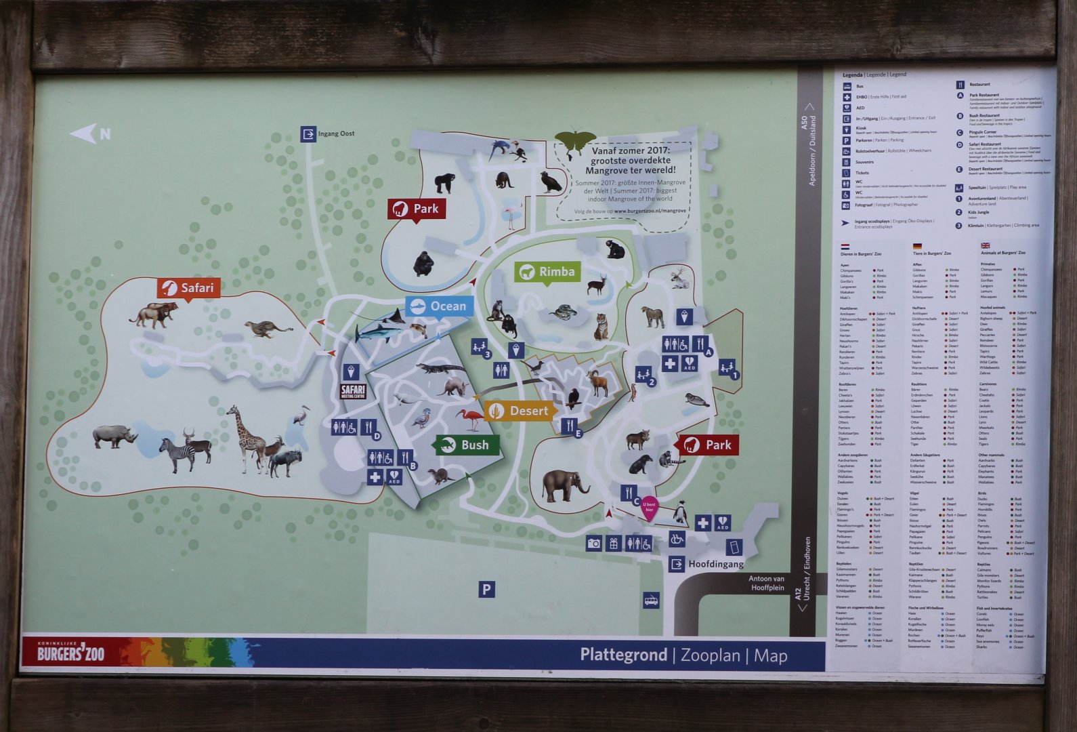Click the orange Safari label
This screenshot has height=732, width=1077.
(189, 288)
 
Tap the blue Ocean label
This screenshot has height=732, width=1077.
(440, 306)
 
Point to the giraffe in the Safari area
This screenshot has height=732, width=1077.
(245, 437)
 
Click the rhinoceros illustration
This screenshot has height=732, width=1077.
(114, 436)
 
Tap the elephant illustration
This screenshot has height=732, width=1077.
(565, 485)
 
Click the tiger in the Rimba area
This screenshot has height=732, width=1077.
(601, 327)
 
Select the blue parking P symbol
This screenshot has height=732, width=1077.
(486, 590)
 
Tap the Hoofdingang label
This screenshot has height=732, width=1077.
(715, 564)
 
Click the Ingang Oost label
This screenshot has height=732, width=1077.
(336, 134)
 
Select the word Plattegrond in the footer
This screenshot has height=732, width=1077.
(623, 655)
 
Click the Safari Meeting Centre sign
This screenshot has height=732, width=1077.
(352, 391)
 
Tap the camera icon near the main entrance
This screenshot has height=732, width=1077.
(594, 543)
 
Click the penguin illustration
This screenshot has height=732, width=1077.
(680, 512)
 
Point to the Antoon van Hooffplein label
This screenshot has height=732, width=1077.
(766, 583)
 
